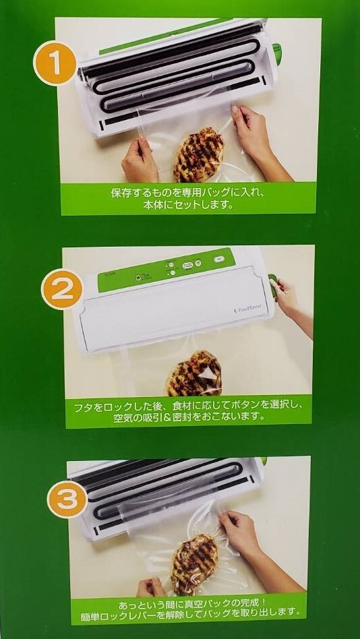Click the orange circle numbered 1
tap(55, 63)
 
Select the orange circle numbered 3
tap(68, 499)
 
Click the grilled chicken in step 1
tap(199, 154)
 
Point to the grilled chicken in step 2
tap(194, 373)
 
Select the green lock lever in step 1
tap(277, 54)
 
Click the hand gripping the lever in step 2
tap(287, 295)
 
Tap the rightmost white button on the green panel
tap(218, 258)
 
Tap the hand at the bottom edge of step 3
tap(150, 587)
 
